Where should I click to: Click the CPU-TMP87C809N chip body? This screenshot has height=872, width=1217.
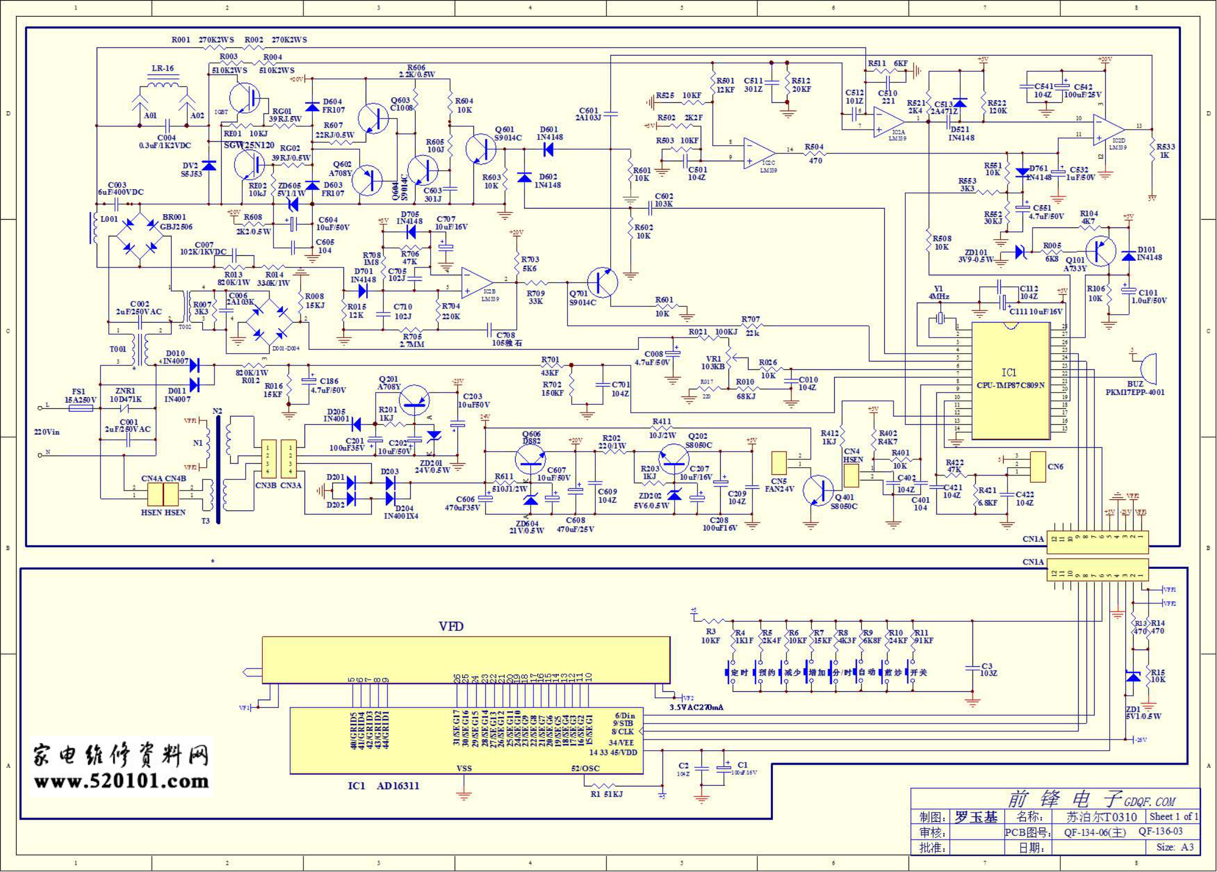coord(1010,381)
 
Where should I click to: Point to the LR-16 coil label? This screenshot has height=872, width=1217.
coord(162,68)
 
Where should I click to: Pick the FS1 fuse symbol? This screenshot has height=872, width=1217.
coord(81,408)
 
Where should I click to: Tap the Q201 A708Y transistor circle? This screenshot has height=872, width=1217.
coord(414,400)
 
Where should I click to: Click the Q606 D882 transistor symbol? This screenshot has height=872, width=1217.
coord(530,459)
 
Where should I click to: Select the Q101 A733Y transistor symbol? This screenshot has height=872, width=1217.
coord(1100,251)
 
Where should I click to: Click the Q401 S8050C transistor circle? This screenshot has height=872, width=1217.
coord(818,491)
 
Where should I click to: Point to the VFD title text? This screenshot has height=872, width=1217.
coord(451,627)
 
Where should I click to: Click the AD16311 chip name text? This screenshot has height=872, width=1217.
coord(398,786)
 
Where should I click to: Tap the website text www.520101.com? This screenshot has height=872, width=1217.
coord(121,781)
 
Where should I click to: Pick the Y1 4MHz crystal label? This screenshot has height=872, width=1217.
coord(939,293)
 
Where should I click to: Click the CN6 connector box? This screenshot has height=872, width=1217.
coord(1038,467)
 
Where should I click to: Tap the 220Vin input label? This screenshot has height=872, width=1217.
coord(47,432)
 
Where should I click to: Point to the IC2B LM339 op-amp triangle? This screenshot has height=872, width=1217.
coord(475,283)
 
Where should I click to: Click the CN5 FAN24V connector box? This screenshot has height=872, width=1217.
coord(779,463)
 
